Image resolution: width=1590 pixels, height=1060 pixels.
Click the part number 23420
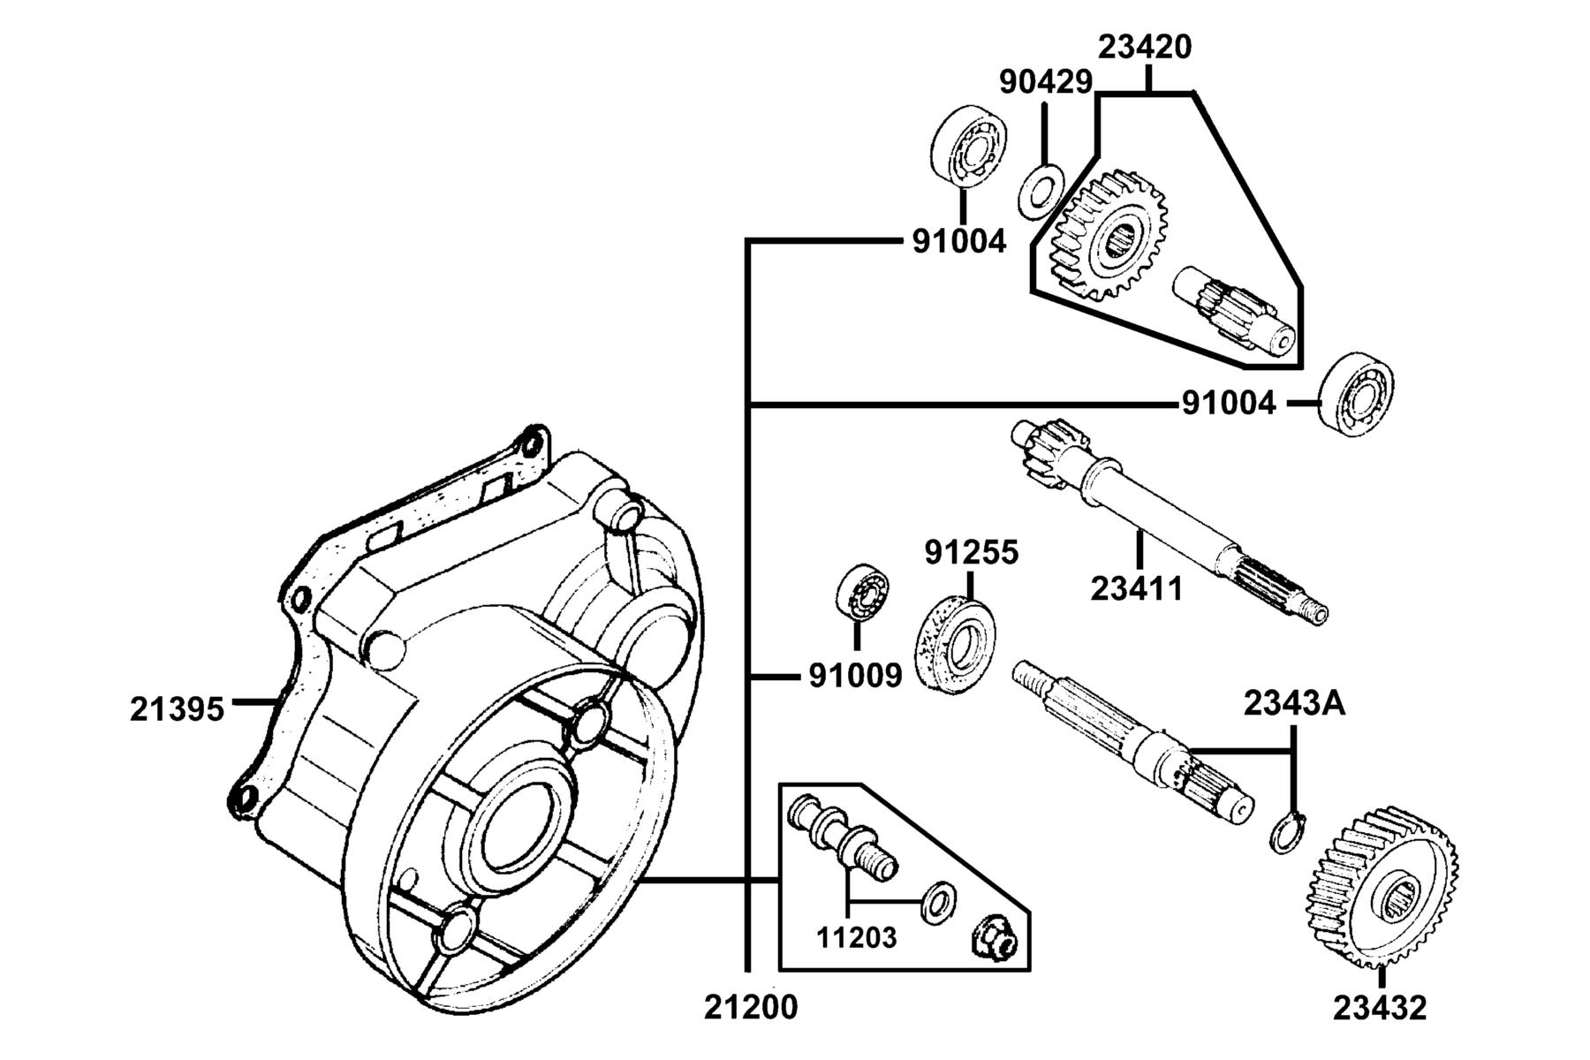(x=1145, y=47)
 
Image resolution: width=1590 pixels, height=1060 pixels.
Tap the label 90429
(x=1046, y=82)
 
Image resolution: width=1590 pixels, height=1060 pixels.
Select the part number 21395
(x=178, y=709)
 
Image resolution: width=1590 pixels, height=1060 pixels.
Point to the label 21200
(x=751, y=1007)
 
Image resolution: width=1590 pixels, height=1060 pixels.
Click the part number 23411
(x=1137, y=588)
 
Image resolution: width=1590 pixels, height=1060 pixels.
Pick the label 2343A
(x=1295, y=704)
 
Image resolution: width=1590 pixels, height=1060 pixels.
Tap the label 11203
(x=856, y=937)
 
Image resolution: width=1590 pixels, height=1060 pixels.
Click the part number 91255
(x=972, y=553)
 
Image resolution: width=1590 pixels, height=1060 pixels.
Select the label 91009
(x=856, y=677)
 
